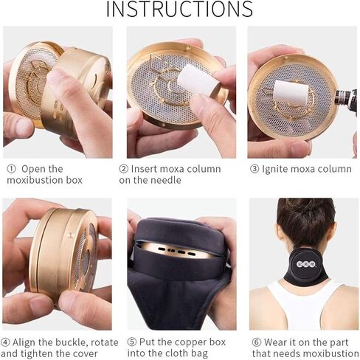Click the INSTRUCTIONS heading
tap(179, 9)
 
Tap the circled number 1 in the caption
tap(11, 169)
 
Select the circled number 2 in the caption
tap(123, 169)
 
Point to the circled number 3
tap(255, 169)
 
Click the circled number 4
tap(5, 342)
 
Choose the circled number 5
tap(132, 342)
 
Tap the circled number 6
tap(257, 342)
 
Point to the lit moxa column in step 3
tap(291, 92)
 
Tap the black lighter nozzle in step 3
tap(346, 98)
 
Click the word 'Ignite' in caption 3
tap(274, 169)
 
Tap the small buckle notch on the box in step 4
tap(71, 235)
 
